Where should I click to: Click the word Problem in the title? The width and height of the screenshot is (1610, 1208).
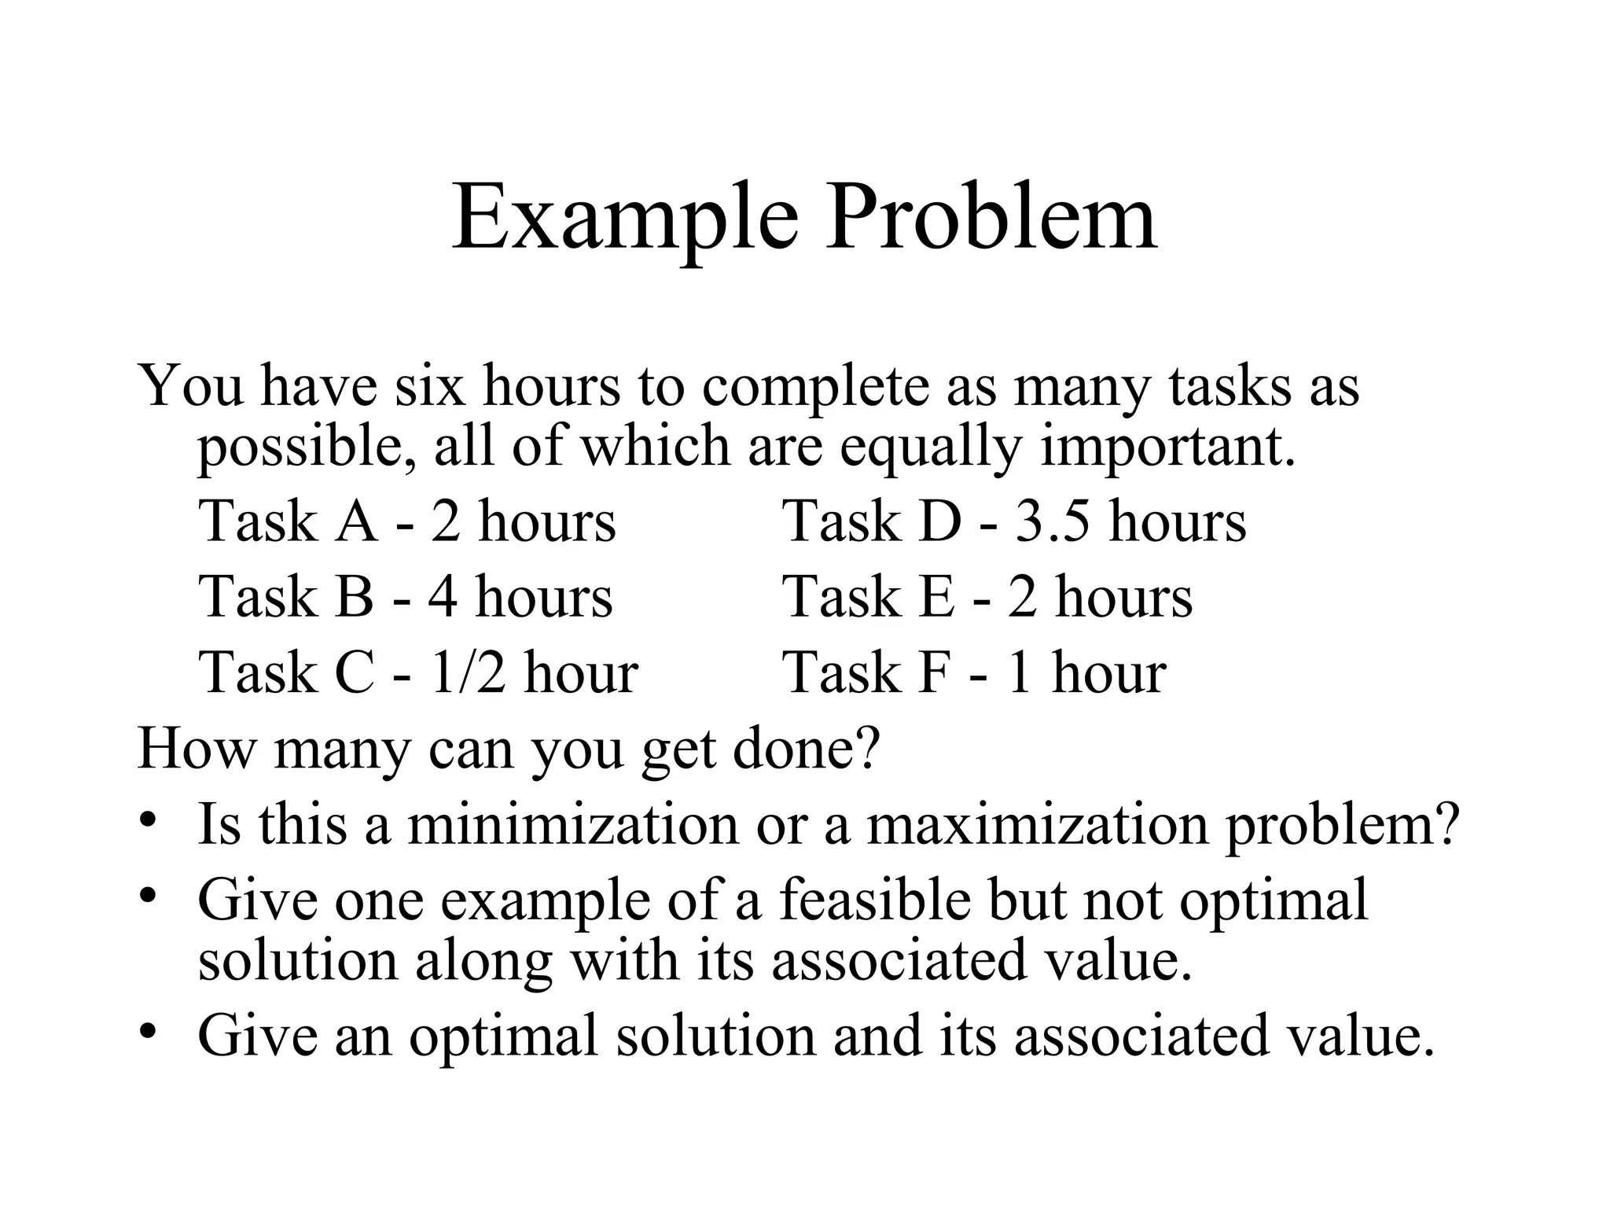(x=991, y=215)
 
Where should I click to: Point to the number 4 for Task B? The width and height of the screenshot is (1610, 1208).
(x=443, y=597)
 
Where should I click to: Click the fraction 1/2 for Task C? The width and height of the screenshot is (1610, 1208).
(x=468, y=673)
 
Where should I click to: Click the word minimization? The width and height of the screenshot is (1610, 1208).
(x=573, y=824)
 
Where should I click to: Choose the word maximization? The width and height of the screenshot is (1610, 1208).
(x=1037, y=824)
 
